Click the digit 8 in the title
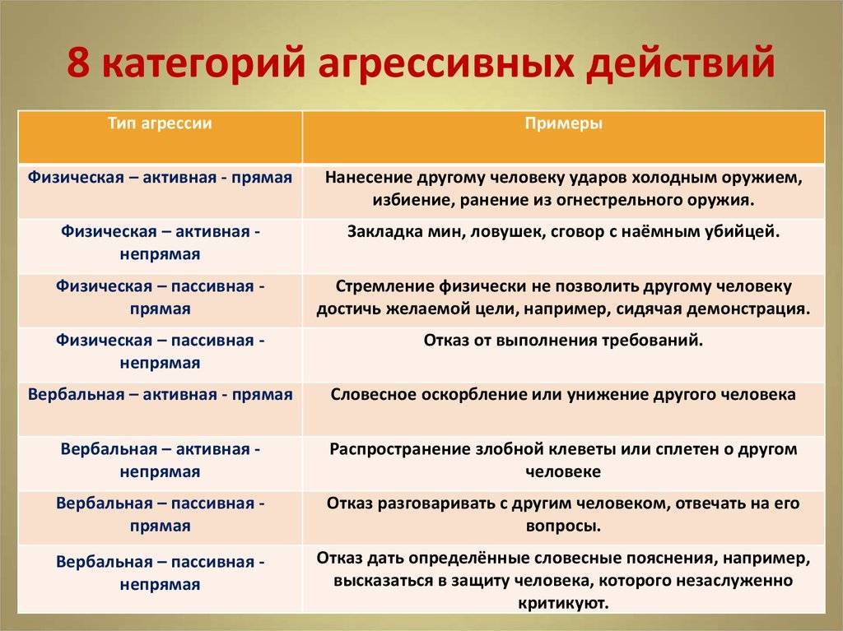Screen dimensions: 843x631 pos(78,61)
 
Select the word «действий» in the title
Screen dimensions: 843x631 pos(679,63)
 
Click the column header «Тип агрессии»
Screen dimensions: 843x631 pos(160,123)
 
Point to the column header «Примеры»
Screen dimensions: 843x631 pos(563,123)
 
